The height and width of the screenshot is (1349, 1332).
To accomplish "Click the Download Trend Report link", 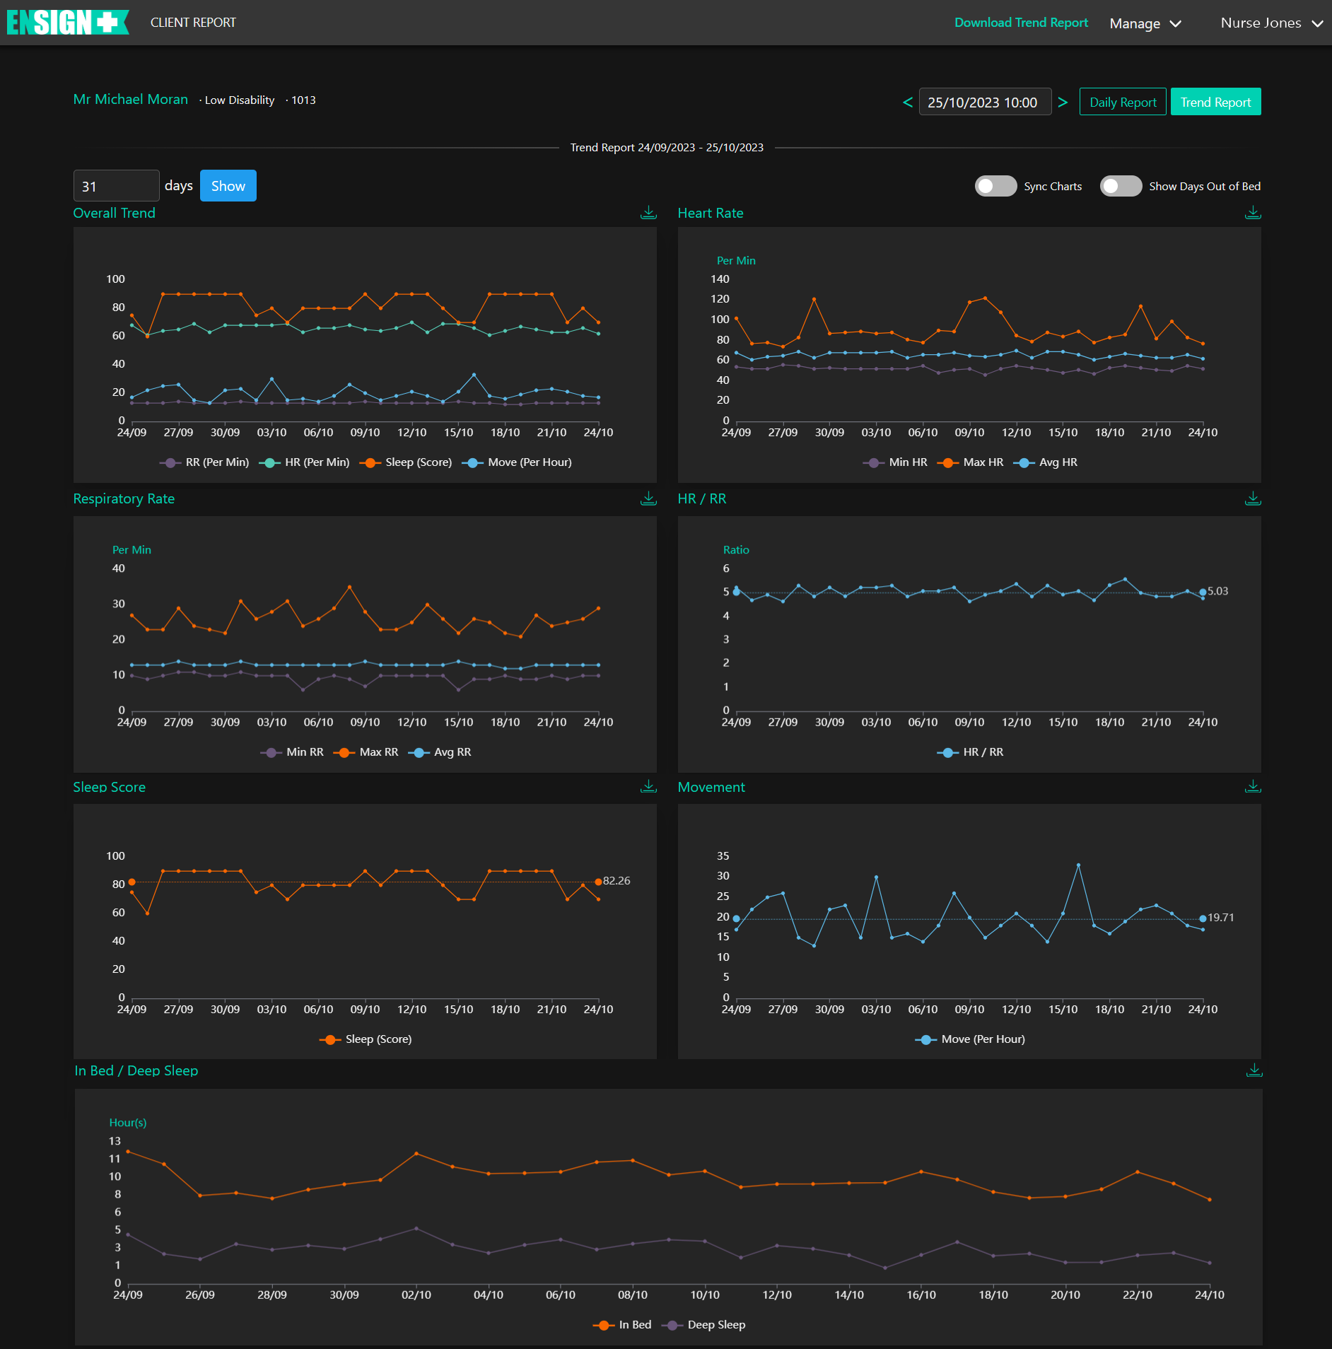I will (x=1021, y=23).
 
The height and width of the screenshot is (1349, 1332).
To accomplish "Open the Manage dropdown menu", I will (x=1145, y=23).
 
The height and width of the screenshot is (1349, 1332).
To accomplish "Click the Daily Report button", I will (x=1123, y=102).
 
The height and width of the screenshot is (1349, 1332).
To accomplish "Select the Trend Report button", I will (x=1215, y=102).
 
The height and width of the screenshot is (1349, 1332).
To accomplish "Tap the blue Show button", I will (x=228, y=186).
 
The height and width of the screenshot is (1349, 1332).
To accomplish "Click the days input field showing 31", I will (x=116, y=186).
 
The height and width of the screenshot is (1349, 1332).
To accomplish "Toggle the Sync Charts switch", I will (x=995, y=186).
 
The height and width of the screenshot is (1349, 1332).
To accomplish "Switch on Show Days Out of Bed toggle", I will (x=1121, y=186).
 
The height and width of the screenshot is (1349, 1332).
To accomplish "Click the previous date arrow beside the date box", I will (x=908, y=103).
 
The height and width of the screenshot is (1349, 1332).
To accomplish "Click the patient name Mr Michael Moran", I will (x=131, y=100).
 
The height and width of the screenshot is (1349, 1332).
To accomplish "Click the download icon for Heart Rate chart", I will (x=1253, y=213).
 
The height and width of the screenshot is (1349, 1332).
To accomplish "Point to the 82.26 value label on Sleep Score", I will (x=616, y=881).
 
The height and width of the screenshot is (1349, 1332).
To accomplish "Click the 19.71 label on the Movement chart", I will (x=1220, y=918).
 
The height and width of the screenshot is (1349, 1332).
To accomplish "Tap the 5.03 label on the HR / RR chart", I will (x=1217, y=591).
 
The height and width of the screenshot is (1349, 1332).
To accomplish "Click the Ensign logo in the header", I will (x=68, y=23).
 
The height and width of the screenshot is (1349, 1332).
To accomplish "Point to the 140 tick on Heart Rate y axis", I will (x=720, y=279).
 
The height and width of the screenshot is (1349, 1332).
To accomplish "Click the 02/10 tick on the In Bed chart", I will (x=416, y=1295).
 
